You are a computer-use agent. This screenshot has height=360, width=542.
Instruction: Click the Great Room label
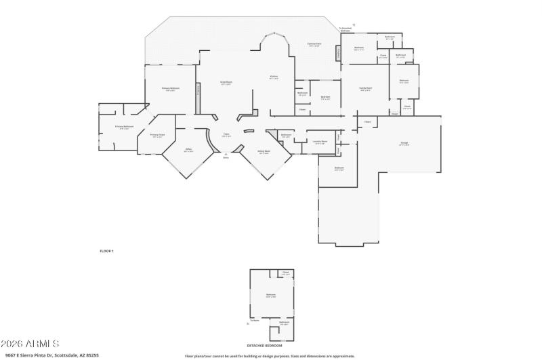(x=226, y=82)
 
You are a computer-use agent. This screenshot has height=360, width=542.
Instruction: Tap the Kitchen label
(x=274, y=77)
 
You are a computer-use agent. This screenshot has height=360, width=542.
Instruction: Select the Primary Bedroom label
(x=170, y=89)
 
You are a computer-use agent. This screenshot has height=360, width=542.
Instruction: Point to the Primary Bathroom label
(x=124, y=127)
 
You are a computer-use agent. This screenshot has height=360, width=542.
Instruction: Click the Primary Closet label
(x=157, y=135)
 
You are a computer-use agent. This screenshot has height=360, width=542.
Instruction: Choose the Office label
(x=188, y=151)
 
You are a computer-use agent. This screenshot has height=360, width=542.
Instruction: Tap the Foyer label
(x=226, y=134)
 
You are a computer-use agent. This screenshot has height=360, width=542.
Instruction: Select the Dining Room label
(x=264, y=151)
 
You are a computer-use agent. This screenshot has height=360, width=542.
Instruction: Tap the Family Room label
(x=365, y=88)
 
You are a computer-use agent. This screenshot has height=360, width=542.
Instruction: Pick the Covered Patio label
(x=314, y=44)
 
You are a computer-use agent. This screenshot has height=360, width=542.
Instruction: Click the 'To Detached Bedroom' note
(x=345, y=29)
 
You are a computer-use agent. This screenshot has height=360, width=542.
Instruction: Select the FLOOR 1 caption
(x=107, y=251)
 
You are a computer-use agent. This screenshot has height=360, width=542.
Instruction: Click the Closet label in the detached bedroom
(x=285, y=273)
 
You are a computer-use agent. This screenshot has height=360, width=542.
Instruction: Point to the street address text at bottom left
(x=51, y=355)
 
